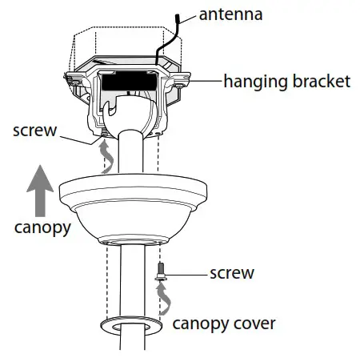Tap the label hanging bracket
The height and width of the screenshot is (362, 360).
(287, 81)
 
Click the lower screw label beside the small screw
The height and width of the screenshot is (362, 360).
(231, 273)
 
